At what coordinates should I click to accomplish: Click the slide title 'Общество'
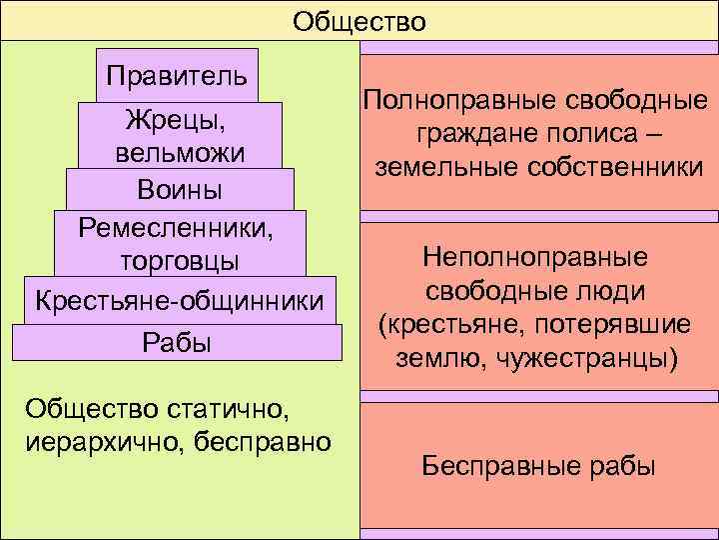point(359,21)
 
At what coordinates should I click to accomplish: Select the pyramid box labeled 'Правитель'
point(177,76)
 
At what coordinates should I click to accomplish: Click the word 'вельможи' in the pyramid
point(180,155)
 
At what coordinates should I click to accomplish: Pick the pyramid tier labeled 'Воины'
point(180,190)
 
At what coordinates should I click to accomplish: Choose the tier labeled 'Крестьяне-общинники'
point(179,300)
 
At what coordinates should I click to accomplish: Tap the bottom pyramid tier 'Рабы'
point(179,342)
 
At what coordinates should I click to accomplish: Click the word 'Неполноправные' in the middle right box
point(535,258)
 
